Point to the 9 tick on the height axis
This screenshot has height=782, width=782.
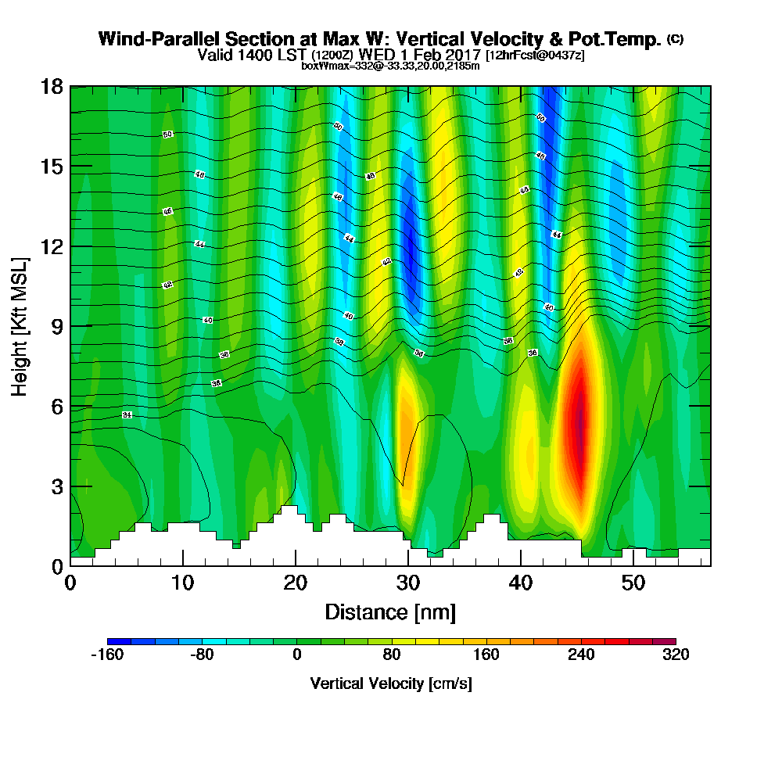point(56,326)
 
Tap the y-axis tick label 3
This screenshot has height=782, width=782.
point(56,486)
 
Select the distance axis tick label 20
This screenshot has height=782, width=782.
point(296,583)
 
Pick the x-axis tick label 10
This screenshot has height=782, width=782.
point(183,583)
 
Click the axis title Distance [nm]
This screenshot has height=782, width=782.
point(390,612)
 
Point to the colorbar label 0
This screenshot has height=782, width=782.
point(296,655)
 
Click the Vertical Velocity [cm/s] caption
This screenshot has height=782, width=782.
point(390,683)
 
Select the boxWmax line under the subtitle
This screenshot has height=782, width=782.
point(390,66)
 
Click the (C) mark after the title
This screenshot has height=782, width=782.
point(675,39)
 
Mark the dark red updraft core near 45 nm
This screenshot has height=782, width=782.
point(579,426)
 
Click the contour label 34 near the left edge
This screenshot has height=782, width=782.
point(127,414)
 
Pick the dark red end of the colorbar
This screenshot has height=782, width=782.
point(669,641)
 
